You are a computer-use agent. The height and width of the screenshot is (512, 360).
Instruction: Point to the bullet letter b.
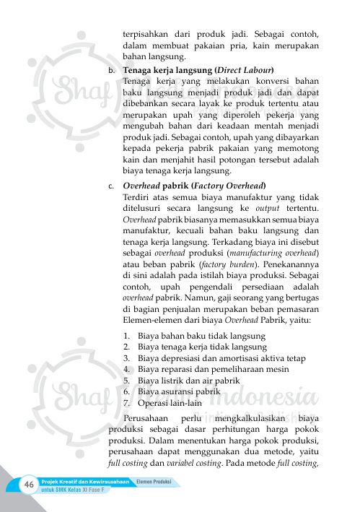(110, 71)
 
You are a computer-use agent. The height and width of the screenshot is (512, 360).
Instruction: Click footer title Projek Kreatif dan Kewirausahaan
(85, 480)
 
